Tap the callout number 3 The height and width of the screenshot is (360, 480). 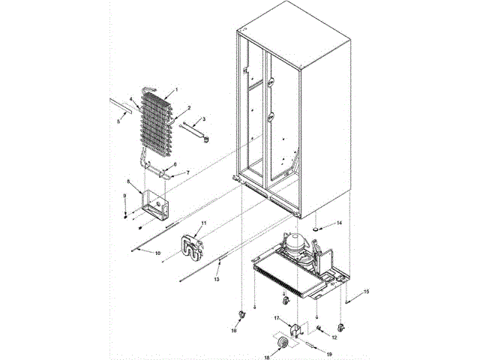[x=203, y=119]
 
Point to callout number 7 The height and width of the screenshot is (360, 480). [x=188, y=172]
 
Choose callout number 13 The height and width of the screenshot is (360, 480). [x=217, y=278]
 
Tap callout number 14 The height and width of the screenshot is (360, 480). [x=339, y=223]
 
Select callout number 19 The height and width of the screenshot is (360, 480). [x=327, y=352]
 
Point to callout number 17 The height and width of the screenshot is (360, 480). [x=276, y=319]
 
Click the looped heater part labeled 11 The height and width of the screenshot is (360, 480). [x=190, y=248]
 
